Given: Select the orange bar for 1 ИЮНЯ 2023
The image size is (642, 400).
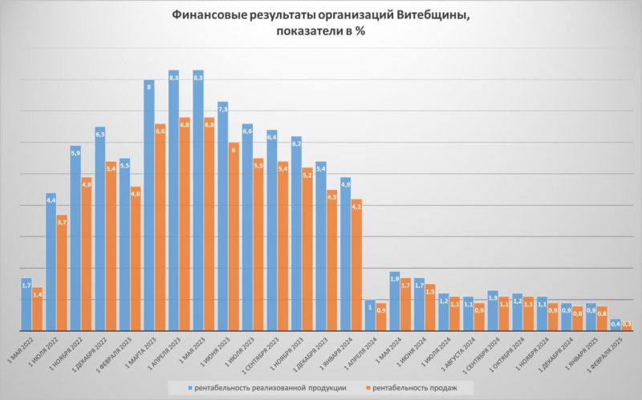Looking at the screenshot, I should pyautogui.click(x=234, y=236).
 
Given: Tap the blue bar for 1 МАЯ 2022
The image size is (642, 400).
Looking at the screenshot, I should pyautogui.click(x=26, y=305).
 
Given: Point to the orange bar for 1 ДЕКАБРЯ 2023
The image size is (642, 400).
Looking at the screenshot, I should pyautogui.click(x=332, y=261).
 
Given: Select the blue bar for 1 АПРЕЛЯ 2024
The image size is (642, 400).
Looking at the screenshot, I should pyautogui.click(x=370, y=315).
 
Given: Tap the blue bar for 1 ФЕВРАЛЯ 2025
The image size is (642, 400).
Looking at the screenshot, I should pyautogui.click(x=616, y=325).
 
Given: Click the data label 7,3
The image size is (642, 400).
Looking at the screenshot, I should pyautogui.click(x=222, y=108).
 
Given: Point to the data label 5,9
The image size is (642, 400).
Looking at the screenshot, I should pyautogui.click(x=75, y=152).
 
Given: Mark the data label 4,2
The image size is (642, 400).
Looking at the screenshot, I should pyautogui.click(x=357, y=206).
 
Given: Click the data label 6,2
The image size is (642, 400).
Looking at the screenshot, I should pyautogui.click(x=296, y=143).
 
